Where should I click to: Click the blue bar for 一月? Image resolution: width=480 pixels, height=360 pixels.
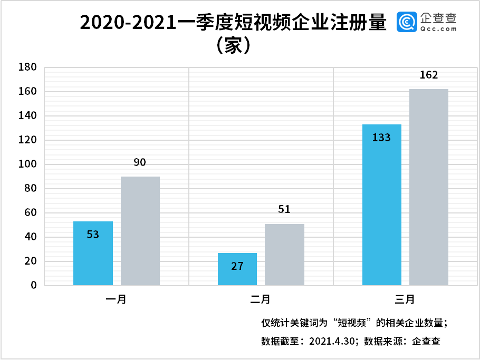93,254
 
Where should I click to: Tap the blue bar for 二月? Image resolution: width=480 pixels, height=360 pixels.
237,269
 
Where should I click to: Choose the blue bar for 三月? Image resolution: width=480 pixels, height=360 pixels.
382,205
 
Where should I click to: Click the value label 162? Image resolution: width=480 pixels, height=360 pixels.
429,75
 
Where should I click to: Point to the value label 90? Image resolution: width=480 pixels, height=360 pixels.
140,162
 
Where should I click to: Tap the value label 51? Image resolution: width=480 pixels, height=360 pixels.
284,209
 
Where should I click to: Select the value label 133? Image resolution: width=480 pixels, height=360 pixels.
381,138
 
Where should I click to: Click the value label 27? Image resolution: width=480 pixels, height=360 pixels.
237,266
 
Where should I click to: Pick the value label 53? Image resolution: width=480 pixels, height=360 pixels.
93,235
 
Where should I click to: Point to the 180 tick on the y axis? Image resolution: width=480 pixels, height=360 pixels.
27,67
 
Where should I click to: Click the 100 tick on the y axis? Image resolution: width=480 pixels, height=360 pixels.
27,164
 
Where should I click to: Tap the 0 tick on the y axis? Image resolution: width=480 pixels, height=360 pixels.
33,286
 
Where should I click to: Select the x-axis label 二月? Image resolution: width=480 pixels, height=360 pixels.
261,300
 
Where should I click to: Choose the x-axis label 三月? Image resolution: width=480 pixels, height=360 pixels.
405,300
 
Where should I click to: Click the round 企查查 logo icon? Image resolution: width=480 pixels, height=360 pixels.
407,22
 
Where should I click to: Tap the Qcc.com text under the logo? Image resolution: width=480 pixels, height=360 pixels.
439,30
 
